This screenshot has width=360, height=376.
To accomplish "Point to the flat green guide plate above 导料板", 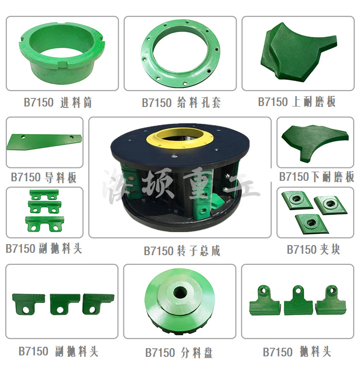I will [43, 141].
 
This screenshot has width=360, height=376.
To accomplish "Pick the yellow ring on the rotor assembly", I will [180, 138].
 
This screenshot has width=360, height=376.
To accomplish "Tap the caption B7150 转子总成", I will [182, 250].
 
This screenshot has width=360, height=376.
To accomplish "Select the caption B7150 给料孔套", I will [181, 103].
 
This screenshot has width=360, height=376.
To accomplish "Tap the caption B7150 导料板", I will [44, 177].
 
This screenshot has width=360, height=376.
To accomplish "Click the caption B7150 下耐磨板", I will [316, 177].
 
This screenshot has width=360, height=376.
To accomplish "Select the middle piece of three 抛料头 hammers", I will [298, 303].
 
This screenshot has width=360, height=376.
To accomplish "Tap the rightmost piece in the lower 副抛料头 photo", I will [98, 303].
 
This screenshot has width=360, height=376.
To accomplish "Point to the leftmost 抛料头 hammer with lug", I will [265, 302].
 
